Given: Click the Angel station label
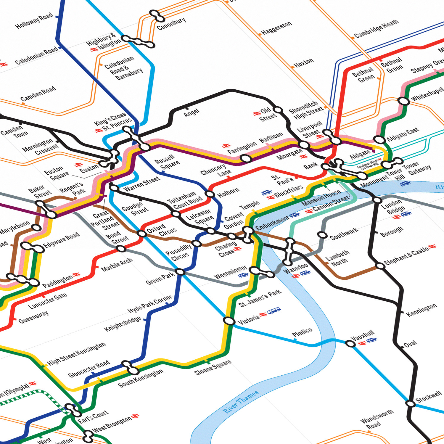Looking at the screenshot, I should point(192,112).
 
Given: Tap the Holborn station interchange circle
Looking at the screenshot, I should point(210,194).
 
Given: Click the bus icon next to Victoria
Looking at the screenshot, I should point(274,311).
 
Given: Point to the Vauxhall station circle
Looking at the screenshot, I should point(350,344).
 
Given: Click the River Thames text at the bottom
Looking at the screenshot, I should point(241,402).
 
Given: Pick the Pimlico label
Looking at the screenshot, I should point(302,332).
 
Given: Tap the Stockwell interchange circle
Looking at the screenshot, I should point(410,403).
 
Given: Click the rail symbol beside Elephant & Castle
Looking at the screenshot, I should point(432,247).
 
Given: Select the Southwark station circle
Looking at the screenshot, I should point(322,235).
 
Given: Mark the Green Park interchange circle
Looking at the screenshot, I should point(180,272).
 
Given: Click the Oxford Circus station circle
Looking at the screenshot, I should point(142,234).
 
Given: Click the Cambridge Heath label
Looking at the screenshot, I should point(376,29).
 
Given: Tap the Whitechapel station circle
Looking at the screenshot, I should point(404,101).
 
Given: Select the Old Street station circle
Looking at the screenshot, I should point(278,110).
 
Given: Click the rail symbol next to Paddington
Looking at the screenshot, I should point(76,275).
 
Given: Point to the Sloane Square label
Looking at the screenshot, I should point(213,368).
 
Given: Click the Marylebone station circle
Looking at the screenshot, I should point(36,228).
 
